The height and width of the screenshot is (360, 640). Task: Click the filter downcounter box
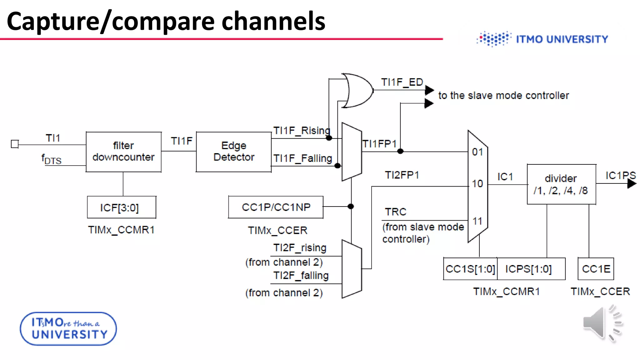(123, 152)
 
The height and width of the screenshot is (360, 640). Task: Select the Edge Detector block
(233, 152)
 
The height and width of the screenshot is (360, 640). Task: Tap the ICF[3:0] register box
(122, 207)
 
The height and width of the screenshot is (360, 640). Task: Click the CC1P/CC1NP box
(276, 207)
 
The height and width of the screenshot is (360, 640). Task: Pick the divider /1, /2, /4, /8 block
(561, 184)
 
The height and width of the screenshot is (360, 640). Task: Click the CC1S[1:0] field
(470, 269)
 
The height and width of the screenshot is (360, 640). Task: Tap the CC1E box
(596, 269)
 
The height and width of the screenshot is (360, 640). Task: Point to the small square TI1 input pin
(15, 144)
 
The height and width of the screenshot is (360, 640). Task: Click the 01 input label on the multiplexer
(477, 152)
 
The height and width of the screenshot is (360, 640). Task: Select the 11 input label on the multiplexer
(477, 221)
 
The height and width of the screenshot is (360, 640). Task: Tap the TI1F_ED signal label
(402, 82)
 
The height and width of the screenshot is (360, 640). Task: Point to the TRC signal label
(395, 212)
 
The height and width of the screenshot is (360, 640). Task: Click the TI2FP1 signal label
(402, 175)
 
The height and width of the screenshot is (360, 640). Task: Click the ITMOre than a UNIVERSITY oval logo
(68, 329)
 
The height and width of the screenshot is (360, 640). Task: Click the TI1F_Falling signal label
(302, 158)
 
